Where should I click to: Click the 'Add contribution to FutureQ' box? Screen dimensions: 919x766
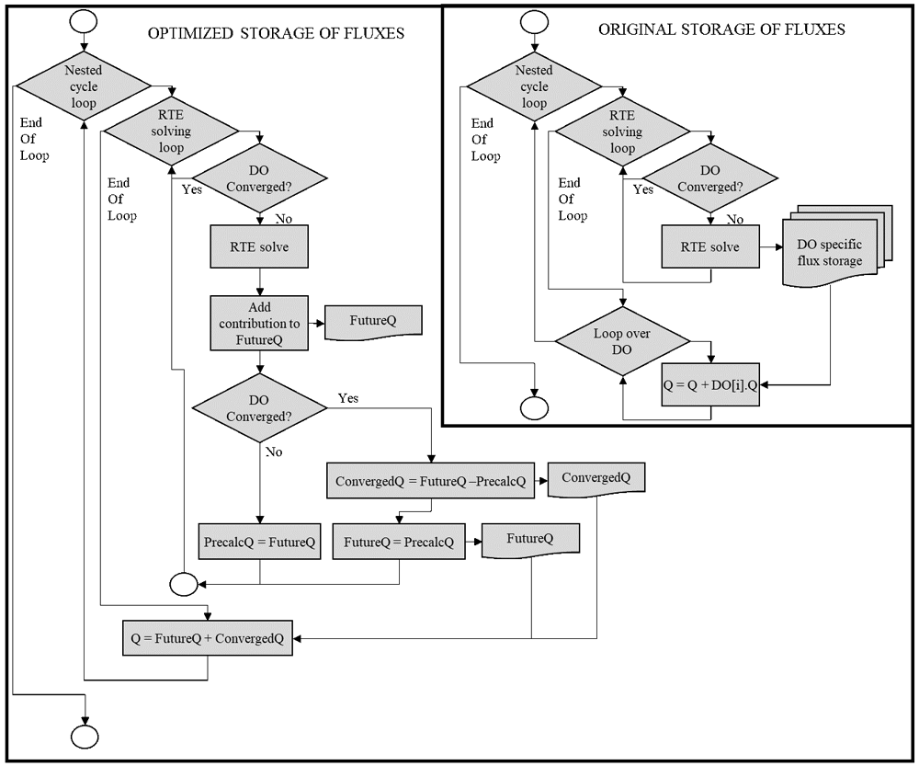pos(259,323)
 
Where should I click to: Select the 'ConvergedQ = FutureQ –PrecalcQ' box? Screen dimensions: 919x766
pos(431,481)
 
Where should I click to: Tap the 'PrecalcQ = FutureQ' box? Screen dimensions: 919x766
pos(260,542)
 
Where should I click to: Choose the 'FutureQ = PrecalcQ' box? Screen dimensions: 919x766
pos(399,542)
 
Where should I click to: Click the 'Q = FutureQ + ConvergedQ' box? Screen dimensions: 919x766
pos(208,637)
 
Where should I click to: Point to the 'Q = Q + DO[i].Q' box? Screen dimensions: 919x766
pos(710,384)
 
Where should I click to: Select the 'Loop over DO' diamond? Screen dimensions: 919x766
pos(622,341)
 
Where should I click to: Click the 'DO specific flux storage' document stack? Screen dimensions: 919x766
pos(837,246)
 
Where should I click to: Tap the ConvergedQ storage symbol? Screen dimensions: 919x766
pos(596,479)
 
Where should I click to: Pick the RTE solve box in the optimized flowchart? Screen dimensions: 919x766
pos(259,247)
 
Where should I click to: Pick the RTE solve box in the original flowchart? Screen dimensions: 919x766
pos(710,247)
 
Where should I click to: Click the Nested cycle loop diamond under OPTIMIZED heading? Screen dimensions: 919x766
pos(84,86)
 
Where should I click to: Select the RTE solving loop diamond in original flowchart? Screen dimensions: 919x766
pos(622,131)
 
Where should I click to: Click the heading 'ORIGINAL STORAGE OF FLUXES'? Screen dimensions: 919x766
pos(721,30)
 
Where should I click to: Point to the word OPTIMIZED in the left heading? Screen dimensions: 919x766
pos(190,33)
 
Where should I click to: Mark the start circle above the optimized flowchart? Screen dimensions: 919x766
pos(84,21)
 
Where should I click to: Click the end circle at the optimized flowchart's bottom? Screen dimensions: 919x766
pos(85,737)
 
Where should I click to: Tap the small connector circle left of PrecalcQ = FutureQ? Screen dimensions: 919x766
pos(184,584)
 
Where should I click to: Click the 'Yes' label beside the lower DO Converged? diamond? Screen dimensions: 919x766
pos(348,398)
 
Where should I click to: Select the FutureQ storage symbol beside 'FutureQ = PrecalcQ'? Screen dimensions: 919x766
pos(530,540)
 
